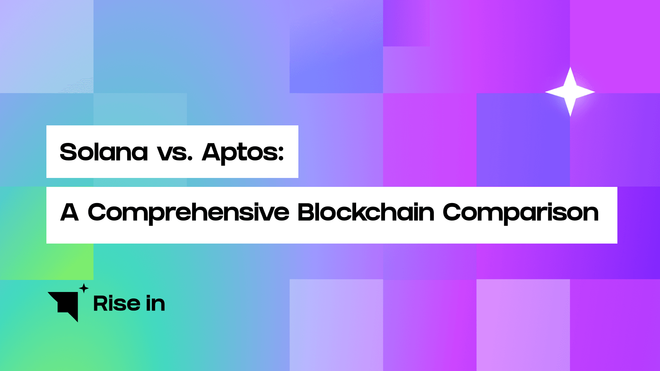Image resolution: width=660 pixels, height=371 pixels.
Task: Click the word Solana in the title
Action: tap(104, 152)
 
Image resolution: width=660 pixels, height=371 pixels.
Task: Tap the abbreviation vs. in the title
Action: tap(175, 153)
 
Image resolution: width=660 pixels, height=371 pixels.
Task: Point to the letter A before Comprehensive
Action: tap(70, 212)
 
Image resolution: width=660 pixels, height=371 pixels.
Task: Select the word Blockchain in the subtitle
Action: tap(366, 212)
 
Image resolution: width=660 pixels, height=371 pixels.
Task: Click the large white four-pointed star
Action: tap(570, 92)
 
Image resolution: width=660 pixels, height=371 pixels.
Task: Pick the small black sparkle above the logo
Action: tap(84, 288)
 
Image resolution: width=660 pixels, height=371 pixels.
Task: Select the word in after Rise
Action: tap(155, 304)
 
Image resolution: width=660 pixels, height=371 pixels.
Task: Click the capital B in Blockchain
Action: tap(306, 212)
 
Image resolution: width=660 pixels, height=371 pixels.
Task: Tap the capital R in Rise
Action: tap(101, 304)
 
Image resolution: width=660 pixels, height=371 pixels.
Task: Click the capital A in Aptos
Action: tap(211, 152)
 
